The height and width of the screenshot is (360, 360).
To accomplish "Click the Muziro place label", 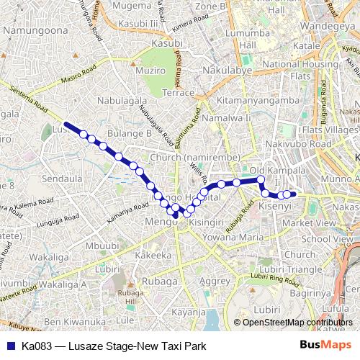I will [150, 72].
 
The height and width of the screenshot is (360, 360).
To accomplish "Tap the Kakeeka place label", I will [153, 255].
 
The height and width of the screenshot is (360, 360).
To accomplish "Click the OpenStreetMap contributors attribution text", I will [299, 323].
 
